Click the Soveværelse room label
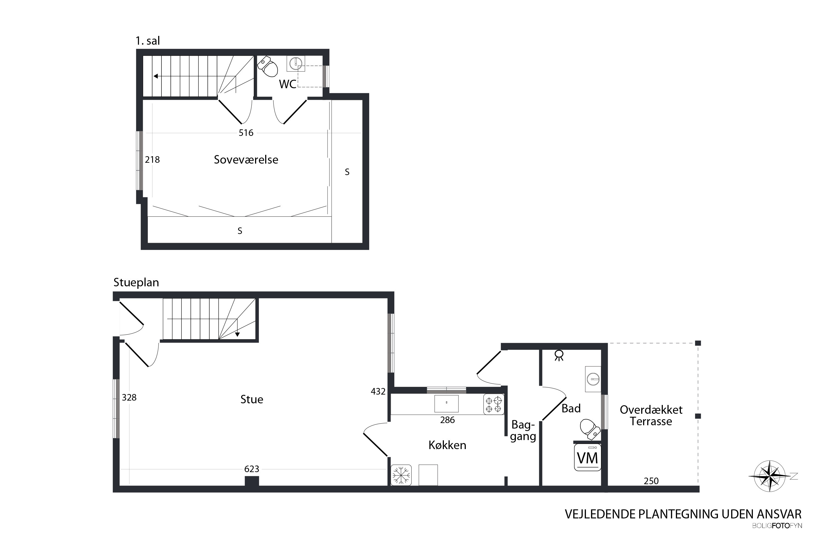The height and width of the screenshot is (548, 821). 246,160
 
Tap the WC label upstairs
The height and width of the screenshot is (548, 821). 288,84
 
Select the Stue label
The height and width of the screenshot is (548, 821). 252,399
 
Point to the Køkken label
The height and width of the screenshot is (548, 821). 447,445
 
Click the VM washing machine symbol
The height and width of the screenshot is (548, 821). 588,458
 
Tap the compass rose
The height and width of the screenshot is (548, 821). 770,476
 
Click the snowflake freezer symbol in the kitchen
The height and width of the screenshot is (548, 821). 401,475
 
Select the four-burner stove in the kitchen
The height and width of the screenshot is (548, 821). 494,404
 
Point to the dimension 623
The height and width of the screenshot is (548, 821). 252,469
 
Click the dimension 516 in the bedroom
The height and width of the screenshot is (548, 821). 246,133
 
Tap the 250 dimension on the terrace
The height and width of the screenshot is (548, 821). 651,481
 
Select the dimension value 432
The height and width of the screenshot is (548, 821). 378,392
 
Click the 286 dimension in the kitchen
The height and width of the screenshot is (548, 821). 447,420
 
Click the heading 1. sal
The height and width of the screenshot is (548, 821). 148,41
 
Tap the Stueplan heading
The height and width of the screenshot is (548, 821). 136,282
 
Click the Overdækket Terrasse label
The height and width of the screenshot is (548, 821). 651,416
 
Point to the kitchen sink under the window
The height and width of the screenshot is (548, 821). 446,404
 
